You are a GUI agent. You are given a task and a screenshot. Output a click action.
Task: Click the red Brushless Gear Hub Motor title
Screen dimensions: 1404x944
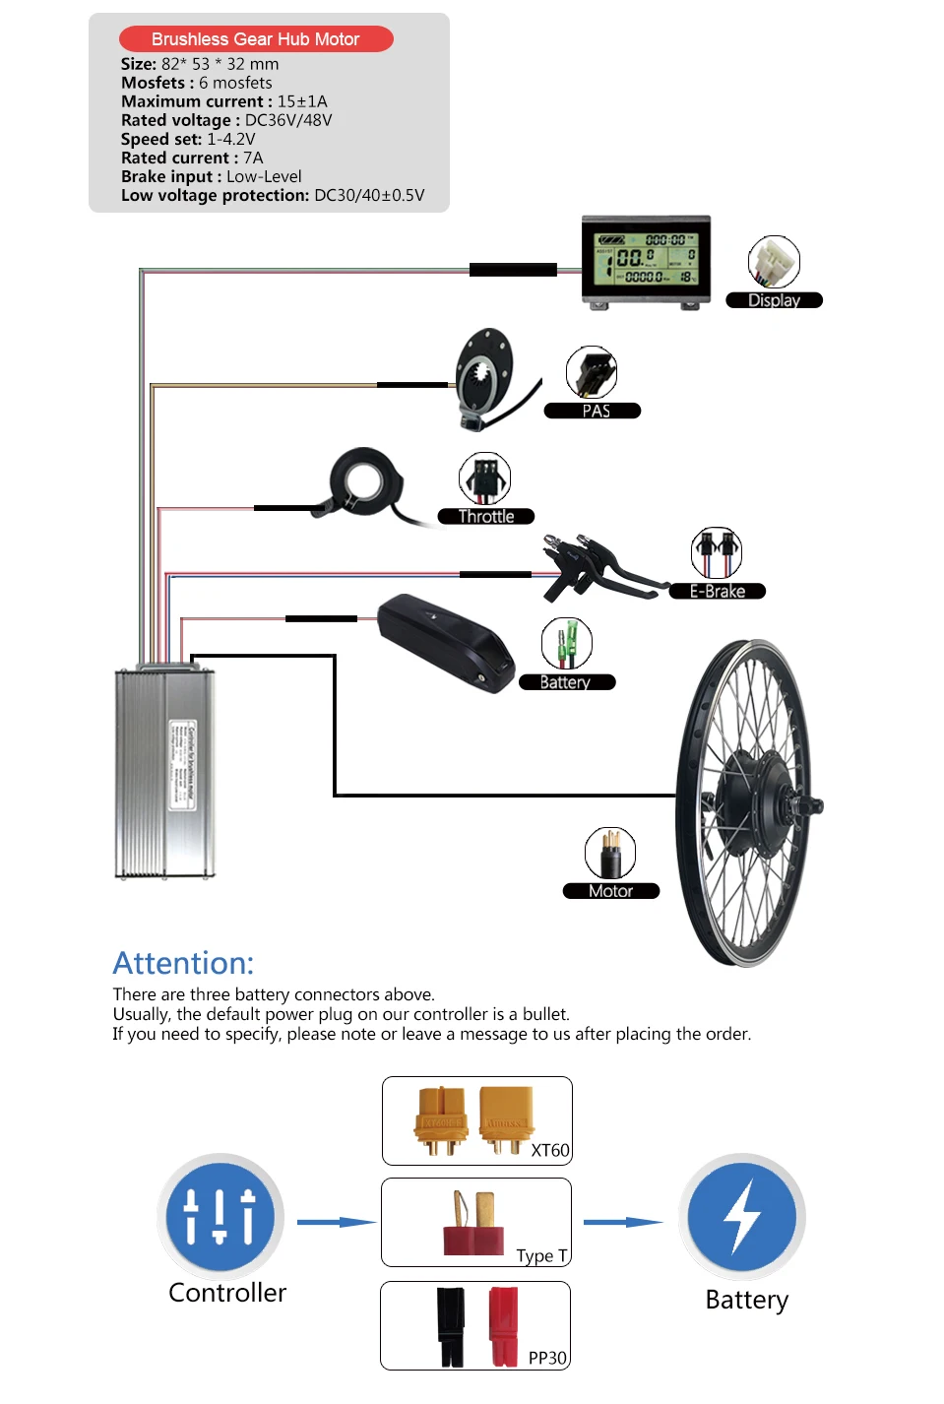click(256, 39)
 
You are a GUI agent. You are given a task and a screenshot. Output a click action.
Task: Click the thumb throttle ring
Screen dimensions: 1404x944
click(362, 482)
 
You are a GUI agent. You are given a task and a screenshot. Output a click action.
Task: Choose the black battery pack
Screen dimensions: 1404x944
click(446, 641)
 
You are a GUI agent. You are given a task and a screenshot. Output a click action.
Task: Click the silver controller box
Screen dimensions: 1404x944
click(164, 773)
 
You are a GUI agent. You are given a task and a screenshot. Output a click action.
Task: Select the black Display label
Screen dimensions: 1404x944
click(774, 300)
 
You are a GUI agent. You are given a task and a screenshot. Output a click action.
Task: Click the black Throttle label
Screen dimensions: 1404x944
click(486, 516)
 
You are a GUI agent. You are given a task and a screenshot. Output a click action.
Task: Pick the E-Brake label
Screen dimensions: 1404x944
click(717, 591)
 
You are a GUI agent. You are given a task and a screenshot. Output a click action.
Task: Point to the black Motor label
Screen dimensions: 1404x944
click(610, 891)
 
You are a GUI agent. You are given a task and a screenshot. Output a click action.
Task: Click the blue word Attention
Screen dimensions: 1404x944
click(184, 963)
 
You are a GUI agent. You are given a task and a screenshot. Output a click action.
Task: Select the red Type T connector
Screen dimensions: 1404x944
click(473, 1226)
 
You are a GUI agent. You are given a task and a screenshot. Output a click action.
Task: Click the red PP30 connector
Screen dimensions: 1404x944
click(503, 1326)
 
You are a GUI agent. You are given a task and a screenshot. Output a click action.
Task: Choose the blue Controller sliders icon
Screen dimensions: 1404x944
click(220, 1217)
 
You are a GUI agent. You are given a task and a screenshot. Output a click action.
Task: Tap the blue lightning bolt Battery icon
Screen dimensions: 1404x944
click(742, 1217)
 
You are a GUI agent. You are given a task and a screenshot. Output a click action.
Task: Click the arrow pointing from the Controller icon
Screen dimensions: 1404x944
click(336, 1222)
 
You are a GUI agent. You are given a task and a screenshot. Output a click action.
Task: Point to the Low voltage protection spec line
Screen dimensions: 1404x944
click(273, 195)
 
